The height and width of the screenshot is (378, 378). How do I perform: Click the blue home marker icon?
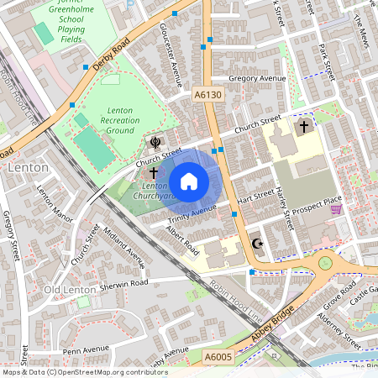[189, 181]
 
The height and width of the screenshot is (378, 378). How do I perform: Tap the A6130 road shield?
[208, 96]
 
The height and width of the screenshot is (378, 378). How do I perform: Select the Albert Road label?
[181, 239]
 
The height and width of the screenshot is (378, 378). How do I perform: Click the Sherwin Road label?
[125, 284]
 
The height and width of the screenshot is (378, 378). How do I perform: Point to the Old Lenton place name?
[65, 290]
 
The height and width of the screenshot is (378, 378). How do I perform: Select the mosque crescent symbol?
[258, 244]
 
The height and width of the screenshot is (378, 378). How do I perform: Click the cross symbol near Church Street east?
[303, 126]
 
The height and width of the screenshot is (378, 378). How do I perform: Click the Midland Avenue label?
[123, 246]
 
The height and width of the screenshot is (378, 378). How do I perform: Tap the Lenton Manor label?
[50, 201]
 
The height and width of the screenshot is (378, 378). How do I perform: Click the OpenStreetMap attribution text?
[84, 372]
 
